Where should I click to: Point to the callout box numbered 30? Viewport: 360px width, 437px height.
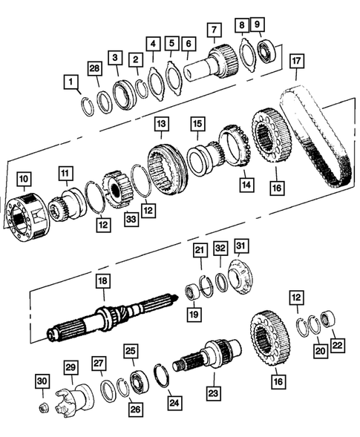tap(42, 381)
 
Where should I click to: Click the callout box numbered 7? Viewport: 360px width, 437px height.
tap(214, 30)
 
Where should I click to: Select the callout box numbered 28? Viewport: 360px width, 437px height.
tap(94, 70)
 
